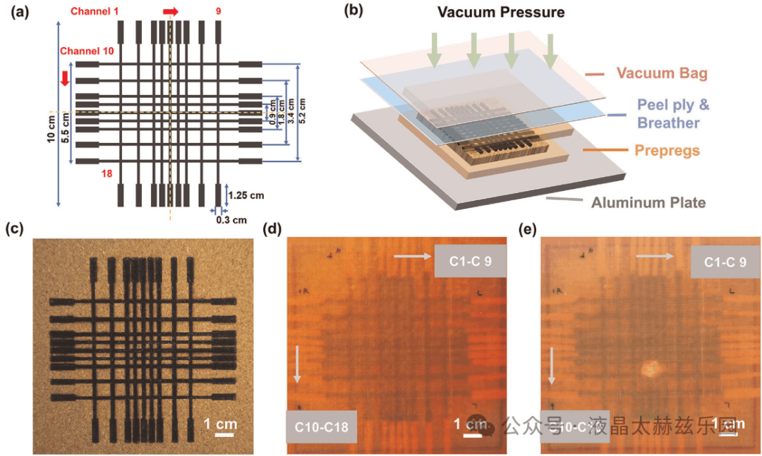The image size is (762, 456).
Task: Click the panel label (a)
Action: tap(15, 11)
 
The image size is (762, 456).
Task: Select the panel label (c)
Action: tap(15, 228)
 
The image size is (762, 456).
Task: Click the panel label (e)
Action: tap(527, 228)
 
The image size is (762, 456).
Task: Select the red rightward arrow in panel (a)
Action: tap(171, 12)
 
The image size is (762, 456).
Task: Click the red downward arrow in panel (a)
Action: tap(66, 77)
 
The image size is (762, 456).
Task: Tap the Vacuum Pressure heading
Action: tap(501, 13)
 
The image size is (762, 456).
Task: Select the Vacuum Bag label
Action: tap(662, 73)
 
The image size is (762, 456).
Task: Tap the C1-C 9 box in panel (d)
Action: tap(470, 261)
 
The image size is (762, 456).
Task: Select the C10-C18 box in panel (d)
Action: tap(321, 426)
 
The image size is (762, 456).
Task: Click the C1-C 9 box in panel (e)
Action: tap(725, 261)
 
